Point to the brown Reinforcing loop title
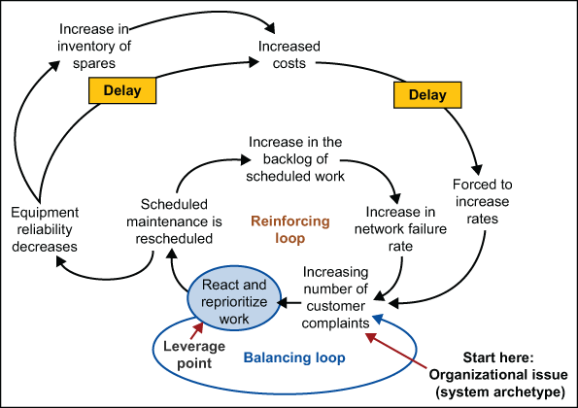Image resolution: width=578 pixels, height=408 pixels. click(290, 228)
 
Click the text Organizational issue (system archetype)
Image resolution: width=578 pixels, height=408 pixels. click(496, 383)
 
